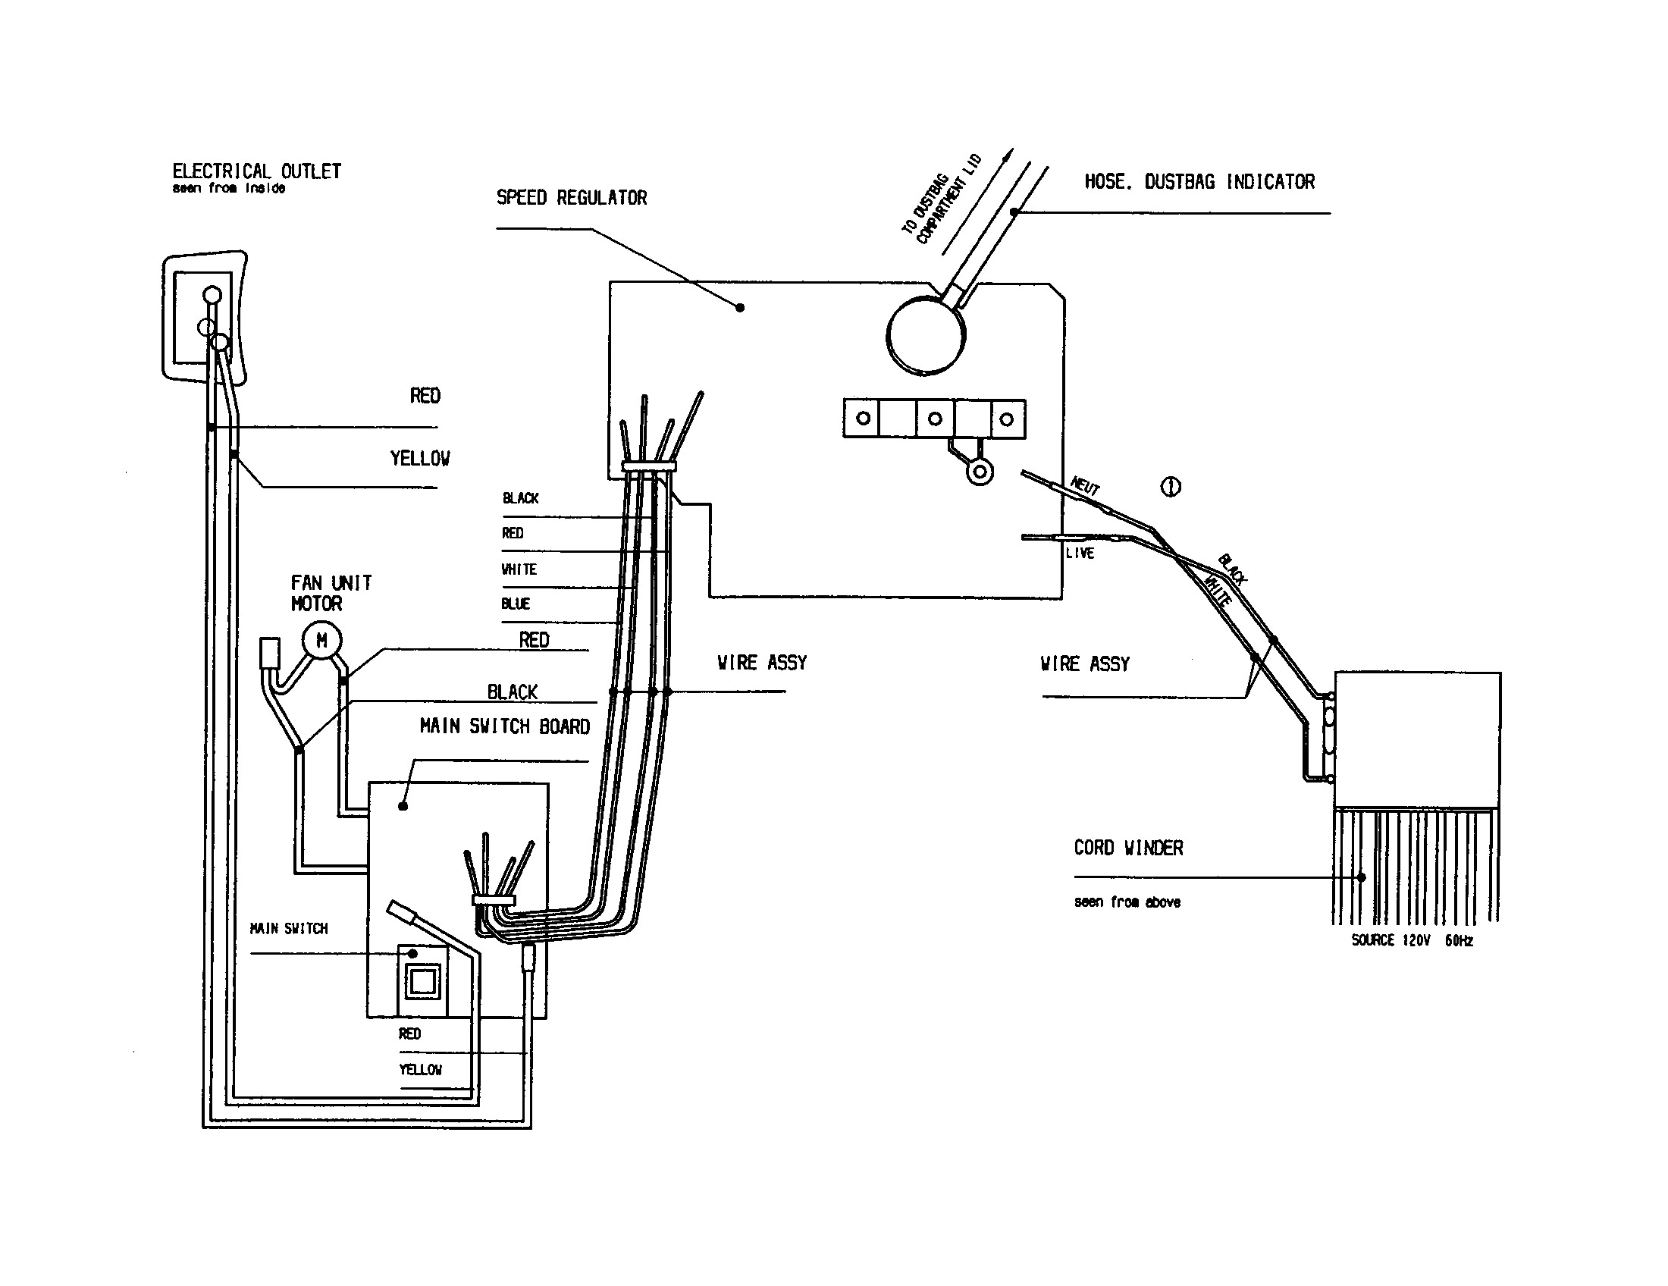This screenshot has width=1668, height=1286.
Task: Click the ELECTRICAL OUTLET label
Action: pyautogui.click(x=256, y=171)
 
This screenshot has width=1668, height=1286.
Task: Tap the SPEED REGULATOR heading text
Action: pyautogui.click(x=571, y=198)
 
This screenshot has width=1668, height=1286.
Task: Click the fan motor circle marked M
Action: pyautogui.click(x=321, y=641)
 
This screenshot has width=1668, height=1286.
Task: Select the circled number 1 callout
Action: pyautogui.click(x=1171, y=487)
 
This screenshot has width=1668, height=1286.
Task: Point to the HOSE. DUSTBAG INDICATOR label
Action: pyautogui.click(x=1199, y=182)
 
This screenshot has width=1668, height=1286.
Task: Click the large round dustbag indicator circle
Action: pyautogui.click(x=926, y=335)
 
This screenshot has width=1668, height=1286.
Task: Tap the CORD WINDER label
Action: pyautogui.click(x=1128, y=848)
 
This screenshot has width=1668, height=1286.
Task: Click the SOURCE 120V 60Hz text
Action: pyautogui.click(x=1412, y=940)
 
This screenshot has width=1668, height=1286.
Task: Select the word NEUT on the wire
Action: pyautogui.click(x=1085, y=485)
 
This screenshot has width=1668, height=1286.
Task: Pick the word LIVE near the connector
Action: pyautogui.click(x=1080, y=553)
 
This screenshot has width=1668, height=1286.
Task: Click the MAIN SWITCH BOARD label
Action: pyautogui.click(x=504, y=726)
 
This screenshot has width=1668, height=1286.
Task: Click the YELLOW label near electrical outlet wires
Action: pyautogui.click(x=419, y=458)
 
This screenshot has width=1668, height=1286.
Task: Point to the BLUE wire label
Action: pyautogui.click(x=515, y=604)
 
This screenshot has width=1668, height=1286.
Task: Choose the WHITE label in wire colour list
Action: pyautogui.click(x=519, y=569)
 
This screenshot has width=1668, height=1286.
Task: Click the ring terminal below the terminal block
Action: pyautogui.click(x=979, y=472)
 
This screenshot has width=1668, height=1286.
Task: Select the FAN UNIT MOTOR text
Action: pyautogui.click(x=330, y=594)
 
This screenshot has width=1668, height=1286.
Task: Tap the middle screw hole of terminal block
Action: pyautogui.click(x=935, y=419)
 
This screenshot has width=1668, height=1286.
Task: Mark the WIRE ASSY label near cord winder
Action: pyautogui.click(x=1084, y=663)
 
